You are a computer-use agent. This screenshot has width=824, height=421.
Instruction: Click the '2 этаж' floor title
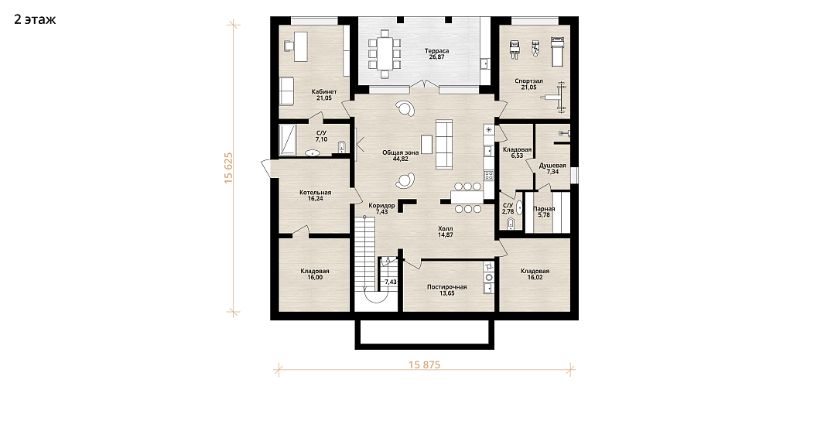tap(35, 20)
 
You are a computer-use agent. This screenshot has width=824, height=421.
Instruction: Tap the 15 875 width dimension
tap(423, 365)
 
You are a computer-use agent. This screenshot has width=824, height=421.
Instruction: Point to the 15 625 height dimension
tap(228, 168)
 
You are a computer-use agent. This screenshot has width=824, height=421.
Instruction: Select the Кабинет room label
tap(323, 92)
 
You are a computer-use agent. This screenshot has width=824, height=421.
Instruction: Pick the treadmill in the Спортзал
tap(556, 51)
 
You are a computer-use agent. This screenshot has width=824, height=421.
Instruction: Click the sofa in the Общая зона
tap(444, 144)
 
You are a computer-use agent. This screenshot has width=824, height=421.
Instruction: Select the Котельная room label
tap(316, 193)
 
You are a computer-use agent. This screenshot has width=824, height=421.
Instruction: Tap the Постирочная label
tap(446, 287)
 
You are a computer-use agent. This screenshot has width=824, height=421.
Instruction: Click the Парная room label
tap(544, 209)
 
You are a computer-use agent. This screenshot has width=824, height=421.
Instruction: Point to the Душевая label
tap(552, 166)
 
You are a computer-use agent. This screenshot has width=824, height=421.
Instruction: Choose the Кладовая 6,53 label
tap(517, 150)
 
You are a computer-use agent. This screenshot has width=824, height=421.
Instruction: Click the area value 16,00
tap(315, 277)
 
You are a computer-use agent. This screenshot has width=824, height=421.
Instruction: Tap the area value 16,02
tap(535, 277)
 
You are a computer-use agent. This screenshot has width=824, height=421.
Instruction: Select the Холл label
tap(445, 228)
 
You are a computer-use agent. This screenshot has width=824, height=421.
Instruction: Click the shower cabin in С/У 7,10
tap(288, 140)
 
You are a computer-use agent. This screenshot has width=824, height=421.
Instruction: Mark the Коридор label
tap(381, 206)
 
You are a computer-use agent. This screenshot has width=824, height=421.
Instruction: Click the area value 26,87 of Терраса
tap(436, 56)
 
